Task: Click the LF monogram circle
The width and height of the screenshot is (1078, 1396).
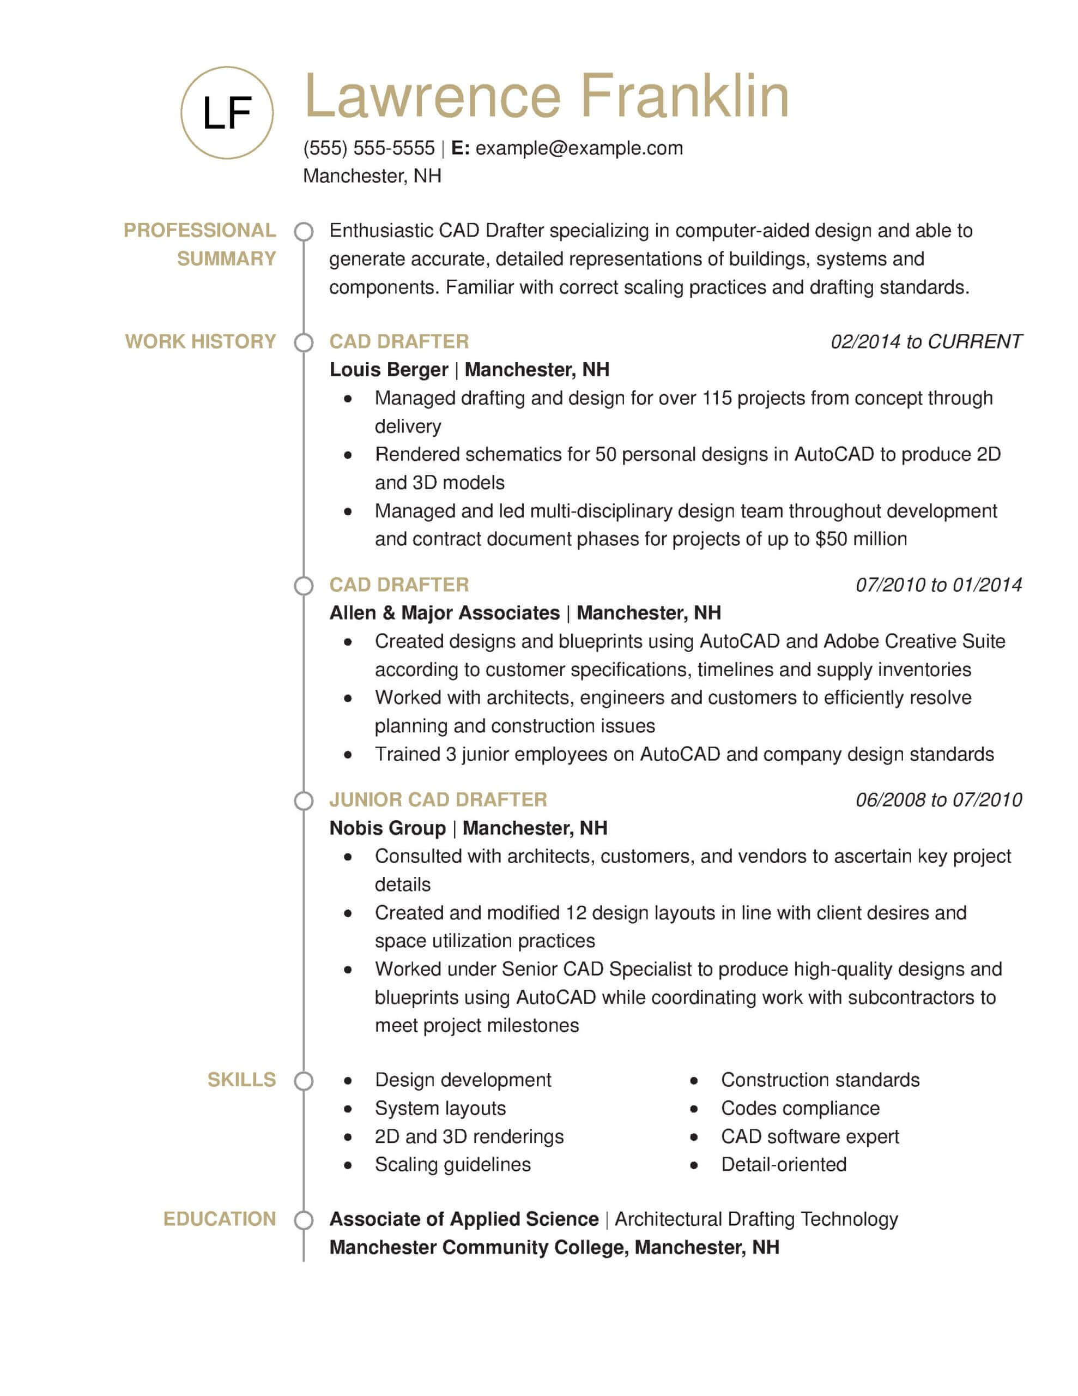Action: click(227, 112)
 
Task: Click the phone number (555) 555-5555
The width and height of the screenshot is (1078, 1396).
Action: click(369, 148)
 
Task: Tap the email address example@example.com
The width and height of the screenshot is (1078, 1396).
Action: click(579, 148)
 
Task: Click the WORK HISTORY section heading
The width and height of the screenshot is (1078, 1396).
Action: click(201, 341)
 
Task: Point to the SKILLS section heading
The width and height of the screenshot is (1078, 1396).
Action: click(241, 1080)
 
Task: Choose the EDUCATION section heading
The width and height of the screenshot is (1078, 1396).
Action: click(219, 1219)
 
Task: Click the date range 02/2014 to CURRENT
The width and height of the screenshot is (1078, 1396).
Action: click(926, 342)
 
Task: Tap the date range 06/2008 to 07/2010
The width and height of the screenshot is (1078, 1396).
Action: click(938, 799)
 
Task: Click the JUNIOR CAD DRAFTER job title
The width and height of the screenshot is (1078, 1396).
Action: click(438, 799)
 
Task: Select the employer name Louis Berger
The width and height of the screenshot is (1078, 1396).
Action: click(389, 370)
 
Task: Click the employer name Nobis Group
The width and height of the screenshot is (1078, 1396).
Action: click(387, 828)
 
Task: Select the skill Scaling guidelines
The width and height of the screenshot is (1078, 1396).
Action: click(452, 1165)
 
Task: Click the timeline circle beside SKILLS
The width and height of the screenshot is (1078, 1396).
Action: click(304, 1081)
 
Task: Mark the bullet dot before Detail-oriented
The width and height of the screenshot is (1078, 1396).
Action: click(694, 1165)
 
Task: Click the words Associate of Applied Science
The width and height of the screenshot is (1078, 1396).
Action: click(464, 1219)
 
